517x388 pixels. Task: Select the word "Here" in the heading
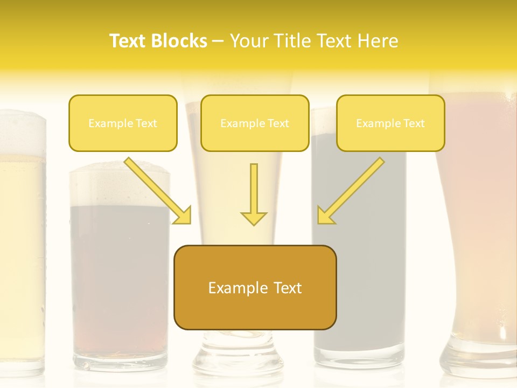pyautogui.click(x=376, y=41)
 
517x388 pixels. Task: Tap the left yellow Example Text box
pyautogui.click(x=123, y=123)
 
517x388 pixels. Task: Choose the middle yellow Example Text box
pyautogui.click(x=255, y=123)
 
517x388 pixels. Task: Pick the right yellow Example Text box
pyautogui.click(x=390, y=123)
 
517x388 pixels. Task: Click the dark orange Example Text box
pyautogui.click(x=255, y=287)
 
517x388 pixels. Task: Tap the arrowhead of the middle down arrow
pyautogui.click(x=254, y=218)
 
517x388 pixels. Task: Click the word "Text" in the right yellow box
pyautogui.click(x=414, y=123)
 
